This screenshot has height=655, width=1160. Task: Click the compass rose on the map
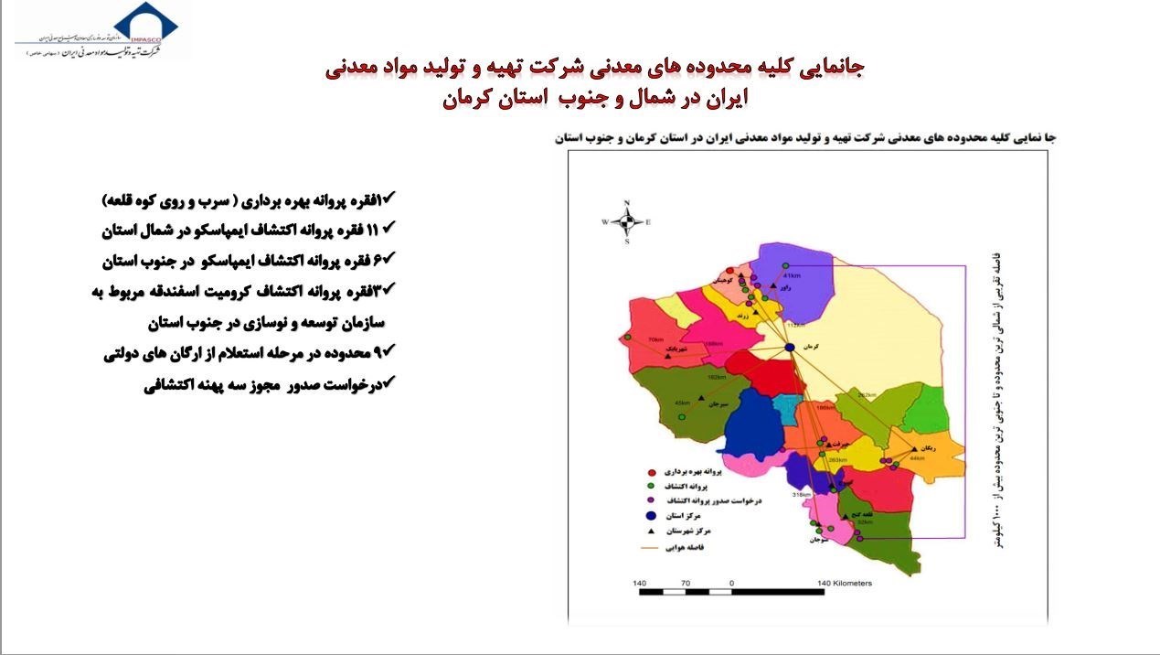(x=627, y=220)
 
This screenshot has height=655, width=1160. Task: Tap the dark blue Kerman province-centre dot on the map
(x=789, y=348)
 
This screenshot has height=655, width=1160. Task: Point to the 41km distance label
(x=792, y=275)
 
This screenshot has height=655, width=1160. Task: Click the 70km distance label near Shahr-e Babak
(x=654, y=340)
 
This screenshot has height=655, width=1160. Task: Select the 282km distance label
(x=867, y=394)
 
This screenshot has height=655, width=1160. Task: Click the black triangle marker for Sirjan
(x=701, y=398)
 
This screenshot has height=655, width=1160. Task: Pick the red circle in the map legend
(x=650, y=472)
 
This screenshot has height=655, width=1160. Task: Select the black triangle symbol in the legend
(x=650, y=532)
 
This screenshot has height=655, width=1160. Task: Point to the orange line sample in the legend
(x=651, y=549)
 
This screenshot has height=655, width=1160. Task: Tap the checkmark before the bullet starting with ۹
(x=388, y=349)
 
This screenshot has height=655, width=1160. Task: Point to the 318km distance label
(x=802, y=495)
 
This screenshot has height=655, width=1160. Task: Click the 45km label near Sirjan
(x=682, y=403)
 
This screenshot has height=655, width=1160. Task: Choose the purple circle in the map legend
(x=650, y=501)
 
